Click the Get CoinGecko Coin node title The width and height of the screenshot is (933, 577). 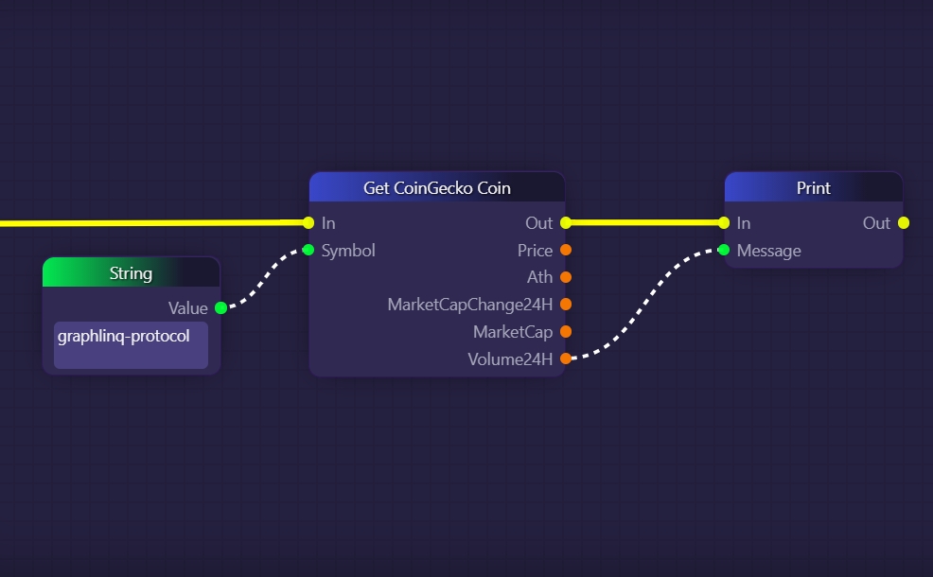point(436,188)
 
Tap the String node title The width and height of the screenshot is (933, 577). point(131,273)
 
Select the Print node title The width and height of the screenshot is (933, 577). point(813,188)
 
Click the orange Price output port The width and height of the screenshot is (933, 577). point(566,251)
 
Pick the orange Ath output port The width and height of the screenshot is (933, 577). point(566,277)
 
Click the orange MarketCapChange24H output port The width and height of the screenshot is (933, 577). point(566,305)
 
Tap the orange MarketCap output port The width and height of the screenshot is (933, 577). point(566,332)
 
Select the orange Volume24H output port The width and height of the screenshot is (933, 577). point(566,359)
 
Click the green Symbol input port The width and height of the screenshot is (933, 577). point(308,251)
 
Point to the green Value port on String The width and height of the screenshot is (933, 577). point(220,308)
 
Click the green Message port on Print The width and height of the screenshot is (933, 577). point(724,251)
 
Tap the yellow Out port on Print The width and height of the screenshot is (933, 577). point(904,223)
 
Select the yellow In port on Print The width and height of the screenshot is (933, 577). point(724,223)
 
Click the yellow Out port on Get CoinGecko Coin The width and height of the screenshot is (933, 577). point(566,223)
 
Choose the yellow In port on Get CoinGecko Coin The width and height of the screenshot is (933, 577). point(308,223)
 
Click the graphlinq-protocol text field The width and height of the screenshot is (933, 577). point(131,345)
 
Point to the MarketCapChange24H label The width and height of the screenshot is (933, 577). point(469,305)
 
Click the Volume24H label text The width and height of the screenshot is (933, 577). point(510,359)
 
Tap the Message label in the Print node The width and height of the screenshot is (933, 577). point(768,251)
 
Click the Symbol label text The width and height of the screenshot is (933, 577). point(348,251)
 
